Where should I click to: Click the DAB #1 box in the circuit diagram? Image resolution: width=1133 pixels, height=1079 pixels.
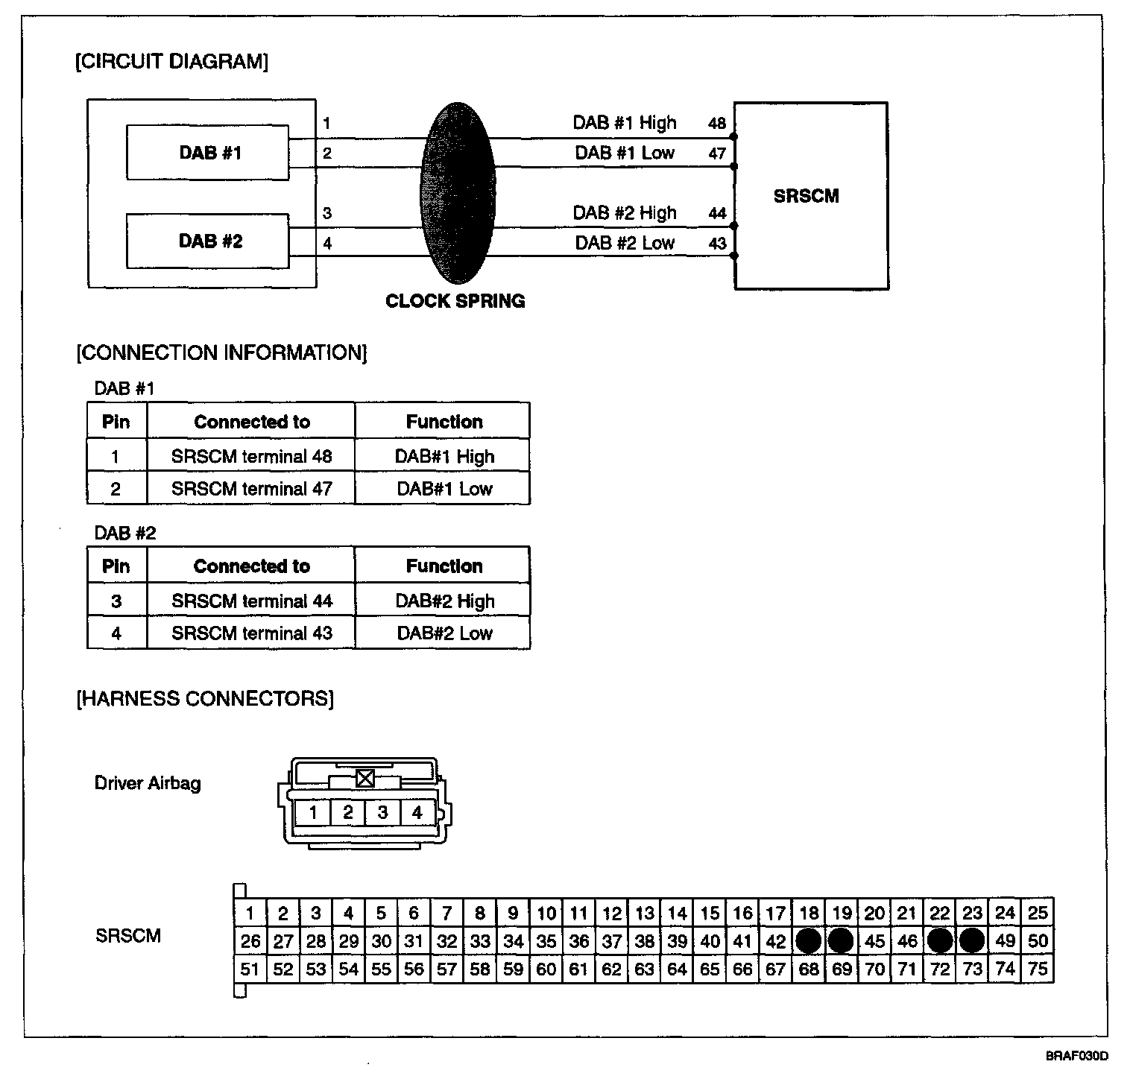pyautogui.click(x=208, y=153)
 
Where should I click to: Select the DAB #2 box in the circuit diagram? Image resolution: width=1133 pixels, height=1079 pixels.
pyautogui.click(x=208, y=241)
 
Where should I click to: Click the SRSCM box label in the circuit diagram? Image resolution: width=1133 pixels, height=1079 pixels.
pyautogui.click(x=806, y=196)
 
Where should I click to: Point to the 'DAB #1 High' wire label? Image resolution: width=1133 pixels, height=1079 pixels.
pyautogui.click(x=624, y=123)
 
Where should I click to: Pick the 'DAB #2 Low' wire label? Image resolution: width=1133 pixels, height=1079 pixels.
pyautogui.click(x=624, y=243)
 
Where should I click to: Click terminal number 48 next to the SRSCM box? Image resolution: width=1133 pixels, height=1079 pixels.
pyautogui.click(x=716, y=124)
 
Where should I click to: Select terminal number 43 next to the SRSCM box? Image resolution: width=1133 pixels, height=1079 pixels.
pyautogui.click(x=716, y=244)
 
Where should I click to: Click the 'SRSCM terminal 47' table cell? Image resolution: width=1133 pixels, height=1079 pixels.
pyautogui.click(x=251, y=489)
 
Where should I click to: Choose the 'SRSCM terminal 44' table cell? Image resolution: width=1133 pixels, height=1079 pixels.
pyautogui.click(x=251, y=601)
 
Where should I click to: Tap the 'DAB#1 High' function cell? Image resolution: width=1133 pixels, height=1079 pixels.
pyautogui.click(x=444, y=456)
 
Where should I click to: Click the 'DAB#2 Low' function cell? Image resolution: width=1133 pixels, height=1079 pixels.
pyautogui.click(x=444, y=633)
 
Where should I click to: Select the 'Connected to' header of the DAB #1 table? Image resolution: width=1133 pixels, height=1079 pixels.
pyautogui.click(x=251, y=422)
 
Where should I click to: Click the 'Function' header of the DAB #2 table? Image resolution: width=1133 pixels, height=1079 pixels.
pyautogui.click(x=444, y=566)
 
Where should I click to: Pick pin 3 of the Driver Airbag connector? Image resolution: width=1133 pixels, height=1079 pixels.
pyautogui.click(x=382, y=812)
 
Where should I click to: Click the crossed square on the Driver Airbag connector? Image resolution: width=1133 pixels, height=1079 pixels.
pyautogui.click(x=364, y=779)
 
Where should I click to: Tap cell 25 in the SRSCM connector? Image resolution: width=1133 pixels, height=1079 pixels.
pyautogui.click(x=1038, y=912)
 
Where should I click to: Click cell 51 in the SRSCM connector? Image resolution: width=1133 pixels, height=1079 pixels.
pyautogui.click(x=250, y=969)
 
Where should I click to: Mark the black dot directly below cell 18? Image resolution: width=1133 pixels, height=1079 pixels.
pyautogui.click(x=808, y=941)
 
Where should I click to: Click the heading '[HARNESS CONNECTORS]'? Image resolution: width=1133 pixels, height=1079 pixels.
pyautogui.click(x=205, y=698)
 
